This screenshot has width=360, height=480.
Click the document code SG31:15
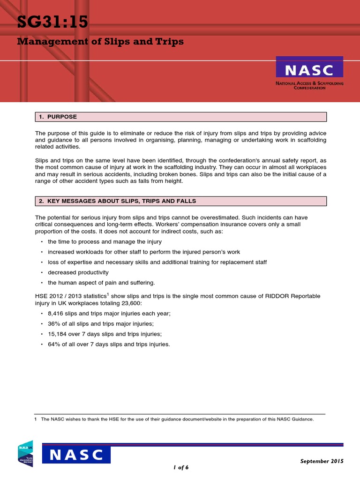52,22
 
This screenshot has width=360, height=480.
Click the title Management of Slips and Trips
100,42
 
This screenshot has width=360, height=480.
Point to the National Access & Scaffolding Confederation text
309,85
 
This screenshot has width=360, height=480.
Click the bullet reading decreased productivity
78,272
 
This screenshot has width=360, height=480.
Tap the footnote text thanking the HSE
177,420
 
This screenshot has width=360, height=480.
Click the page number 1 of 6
180,467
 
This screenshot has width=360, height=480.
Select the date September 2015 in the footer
322,461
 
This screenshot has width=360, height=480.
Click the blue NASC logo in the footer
77,455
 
